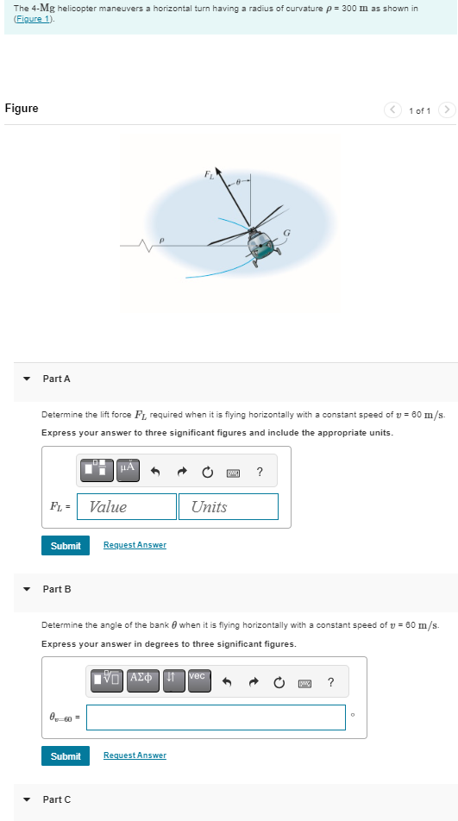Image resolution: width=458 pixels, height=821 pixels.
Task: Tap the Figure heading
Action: [22, 109]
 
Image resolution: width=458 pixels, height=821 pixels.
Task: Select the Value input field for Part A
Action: [127, 507]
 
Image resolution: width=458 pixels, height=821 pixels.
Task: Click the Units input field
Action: [229, 507]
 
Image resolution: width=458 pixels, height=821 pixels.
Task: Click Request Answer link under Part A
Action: [135, 545]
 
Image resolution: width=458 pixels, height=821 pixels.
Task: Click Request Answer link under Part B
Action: [135, 755]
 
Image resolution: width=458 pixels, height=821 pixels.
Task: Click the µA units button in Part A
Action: [127, 470]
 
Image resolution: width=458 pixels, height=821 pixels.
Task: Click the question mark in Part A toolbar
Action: [260, 471]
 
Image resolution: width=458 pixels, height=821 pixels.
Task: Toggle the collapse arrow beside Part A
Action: [27, 379]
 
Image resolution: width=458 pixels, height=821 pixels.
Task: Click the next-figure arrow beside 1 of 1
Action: [445, 110]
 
